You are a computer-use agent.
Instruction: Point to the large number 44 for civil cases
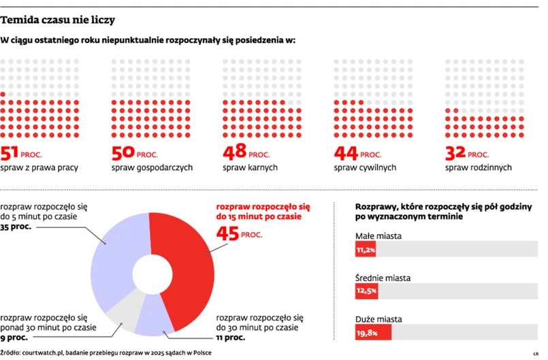pyautogui.click(x=345, y=153)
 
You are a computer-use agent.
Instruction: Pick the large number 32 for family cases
pyautogui.click(x=456, y=153)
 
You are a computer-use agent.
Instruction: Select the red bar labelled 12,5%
pyautogui.click(x=366, y=291)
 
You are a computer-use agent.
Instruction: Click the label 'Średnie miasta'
pyautogui.click(x=383, y=278)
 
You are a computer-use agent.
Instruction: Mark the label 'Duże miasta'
pyautogui.click(x=378, y=318)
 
